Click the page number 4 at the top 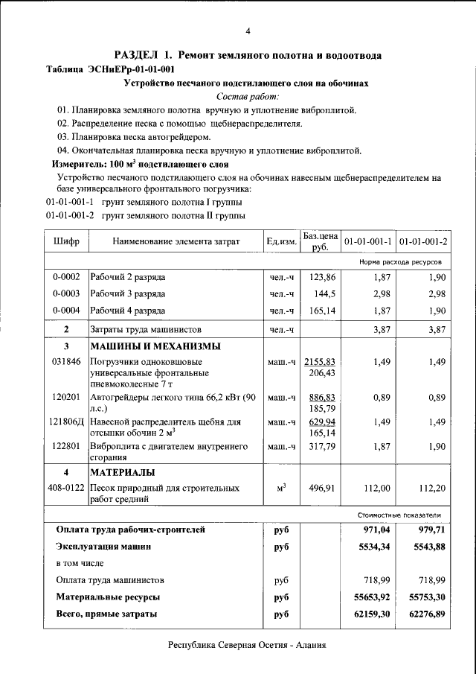pos(248,31)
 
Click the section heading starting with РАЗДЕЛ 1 pos(248,55)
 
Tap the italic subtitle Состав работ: pos(248,97)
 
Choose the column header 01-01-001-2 pos(423,241)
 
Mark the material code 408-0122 pos(66,488)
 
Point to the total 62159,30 pos(368,613)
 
